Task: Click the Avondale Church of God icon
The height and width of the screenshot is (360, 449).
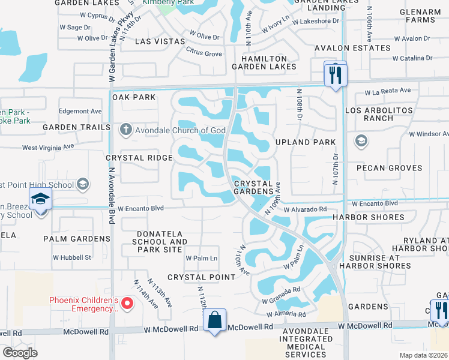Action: coord(125,129)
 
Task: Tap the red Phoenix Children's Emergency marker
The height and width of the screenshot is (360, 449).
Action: coord(127,304)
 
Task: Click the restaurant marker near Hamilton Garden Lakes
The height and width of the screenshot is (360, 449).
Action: coord(335,75)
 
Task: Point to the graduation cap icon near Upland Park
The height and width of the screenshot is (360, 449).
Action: coord(361,141)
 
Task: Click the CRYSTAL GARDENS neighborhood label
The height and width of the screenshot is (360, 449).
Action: coord(258,187)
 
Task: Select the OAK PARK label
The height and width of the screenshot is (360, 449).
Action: coord(133,97)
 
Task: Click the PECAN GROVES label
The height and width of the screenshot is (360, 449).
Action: coord(390,168)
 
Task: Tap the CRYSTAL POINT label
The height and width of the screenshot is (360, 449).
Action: coord(201,277)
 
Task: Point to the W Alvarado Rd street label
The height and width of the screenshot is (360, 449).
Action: coord(306,209)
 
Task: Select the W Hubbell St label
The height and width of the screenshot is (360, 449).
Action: coord(72,257)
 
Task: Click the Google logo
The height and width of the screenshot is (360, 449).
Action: coord(20,353)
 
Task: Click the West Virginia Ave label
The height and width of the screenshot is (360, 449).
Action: coord(48,146)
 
